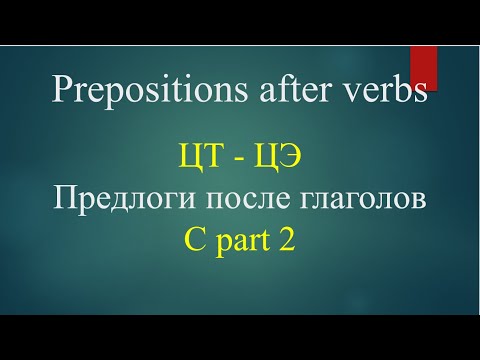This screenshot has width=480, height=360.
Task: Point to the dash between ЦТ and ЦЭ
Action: point(231,158)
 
